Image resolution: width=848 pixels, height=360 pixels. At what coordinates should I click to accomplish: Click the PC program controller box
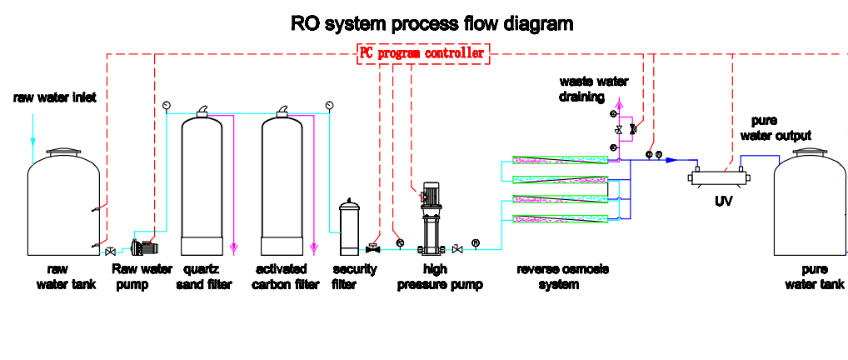click(x=423, y=53)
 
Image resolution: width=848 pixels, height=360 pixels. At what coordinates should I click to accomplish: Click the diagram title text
click(x=431, y=24)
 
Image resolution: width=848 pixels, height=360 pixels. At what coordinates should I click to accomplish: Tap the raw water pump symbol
click(x=144, y=247)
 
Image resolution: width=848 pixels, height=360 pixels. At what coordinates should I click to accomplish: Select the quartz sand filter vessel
click(x=202, y=182)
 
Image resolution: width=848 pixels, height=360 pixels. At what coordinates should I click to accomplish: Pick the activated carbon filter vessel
click(x=282, y=182)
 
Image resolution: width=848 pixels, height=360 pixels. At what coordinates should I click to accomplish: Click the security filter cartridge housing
click(x=349, y=227)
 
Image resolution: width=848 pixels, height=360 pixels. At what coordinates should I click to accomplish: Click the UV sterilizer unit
click(x=719, y=177)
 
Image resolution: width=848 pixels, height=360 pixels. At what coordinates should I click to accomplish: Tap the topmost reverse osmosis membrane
click(x=561, y=160)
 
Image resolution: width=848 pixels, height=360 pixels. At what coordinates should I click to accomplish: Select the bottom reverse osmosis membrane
click(x=561, y=218)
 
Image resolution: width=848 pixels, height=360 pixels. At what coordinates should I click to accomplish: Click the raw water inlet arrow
click(x=32, y=130)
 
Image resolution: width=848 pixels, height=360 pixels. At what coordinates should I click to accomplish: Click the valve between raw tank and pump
click(x=110, y=252)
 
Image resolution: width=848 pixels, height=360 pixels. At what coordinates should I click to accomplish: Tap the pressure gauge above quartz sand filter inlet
click(x=166, y=104)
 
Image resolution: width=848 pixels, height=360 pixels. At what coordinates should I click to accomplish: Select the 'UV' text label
click(x=724, y=202)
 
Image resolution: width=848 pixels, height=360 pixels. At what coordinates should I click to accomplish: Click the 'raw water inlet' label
click(x=55, y=97)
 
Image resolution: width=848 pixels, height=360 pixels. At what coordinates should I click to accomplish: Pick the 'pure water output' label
click(x=776, y=128)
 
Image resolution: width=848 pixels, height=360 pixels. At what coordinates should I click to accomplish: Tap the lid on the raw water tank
click(x=64, y=152)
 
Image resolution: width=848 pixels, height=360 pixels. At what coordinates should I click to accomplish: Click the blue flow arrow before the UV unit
click(x=671, y=160)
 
